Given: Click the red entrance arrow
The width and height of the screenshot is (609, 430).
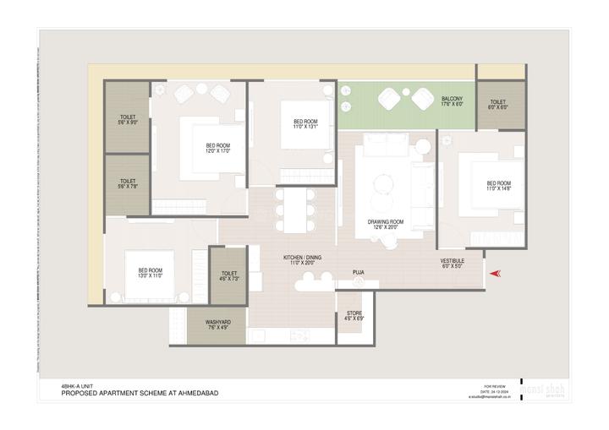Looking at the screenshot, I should click(497, 272).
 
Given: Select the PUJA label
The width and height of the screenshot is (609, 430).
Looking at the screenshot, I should click(359, 272).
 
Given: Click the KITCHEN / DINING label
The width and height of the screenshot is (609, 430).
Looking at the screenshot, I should click(302, 260).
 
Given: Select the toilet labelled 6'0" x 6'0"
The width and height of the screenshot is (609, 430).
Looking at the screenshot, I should click(498, 105).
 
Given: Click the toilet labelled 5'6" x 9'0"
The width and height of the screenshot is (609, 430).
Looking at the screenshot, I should click(128, 120).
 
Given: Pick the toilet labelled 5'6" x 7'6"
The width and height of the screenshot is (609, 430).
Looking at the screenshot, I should click(128, 183).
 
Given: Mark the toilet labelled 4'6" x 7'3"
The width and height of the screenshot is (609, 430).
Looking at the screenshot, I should click(228, 275).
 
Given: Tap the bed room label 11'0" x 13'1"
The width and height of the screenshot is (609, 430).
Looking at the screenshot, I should click(305, 124).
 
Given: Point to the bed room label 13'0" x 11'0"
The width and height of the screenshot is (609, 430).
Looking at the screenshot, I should click(150, 274).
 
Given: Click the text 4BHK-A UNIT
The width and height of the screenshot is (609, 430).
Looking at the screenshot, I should click(75, 385).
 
